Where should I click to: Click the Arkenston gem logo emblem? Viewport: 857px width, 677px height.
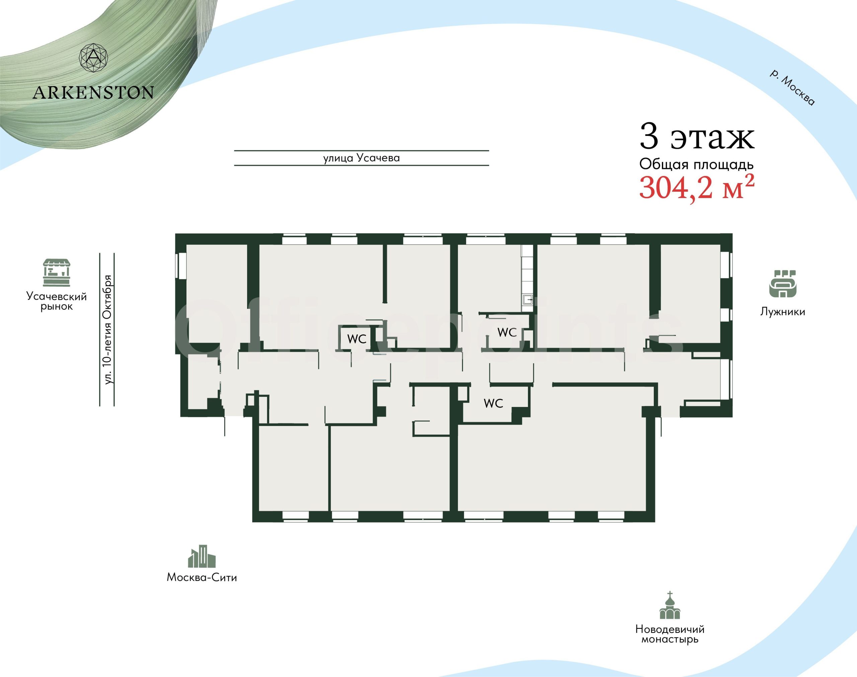pos(93,58)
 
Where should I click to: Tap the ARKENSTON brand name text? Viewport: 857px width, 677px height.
pos(93,93)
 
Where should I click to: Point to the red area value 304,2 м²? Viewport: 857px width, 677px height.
pos(696,187)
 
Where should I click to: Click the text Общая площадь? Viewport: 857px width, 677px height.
pos(696,164)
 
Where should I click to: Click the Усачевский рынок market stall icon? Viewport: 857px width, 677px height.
pos(57,273)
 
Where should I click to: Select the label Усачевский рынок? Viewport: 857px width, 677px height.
pos(56,301)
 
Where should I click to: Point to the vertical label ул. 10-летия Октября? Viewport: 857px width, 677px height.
pos(107,329)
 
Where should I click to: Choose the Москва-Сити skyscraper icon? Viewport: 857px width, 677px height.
pos(202,556)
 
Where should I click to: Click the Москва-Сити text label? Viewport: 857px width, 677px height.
pos(202,577)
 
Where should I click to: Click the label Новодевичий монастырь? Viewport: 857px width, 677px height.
pos(670,634)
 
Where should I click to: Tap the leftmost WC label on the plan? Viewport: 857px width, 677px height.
pos(357,339)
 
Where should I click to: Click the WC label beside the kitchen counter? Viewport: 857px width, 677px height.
pos(507,332)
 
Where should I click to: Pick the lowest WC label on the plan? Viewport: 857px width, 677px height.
pos(493,404)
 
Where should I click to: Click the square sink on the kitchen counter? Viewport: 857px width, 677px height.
pos(528,300)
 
